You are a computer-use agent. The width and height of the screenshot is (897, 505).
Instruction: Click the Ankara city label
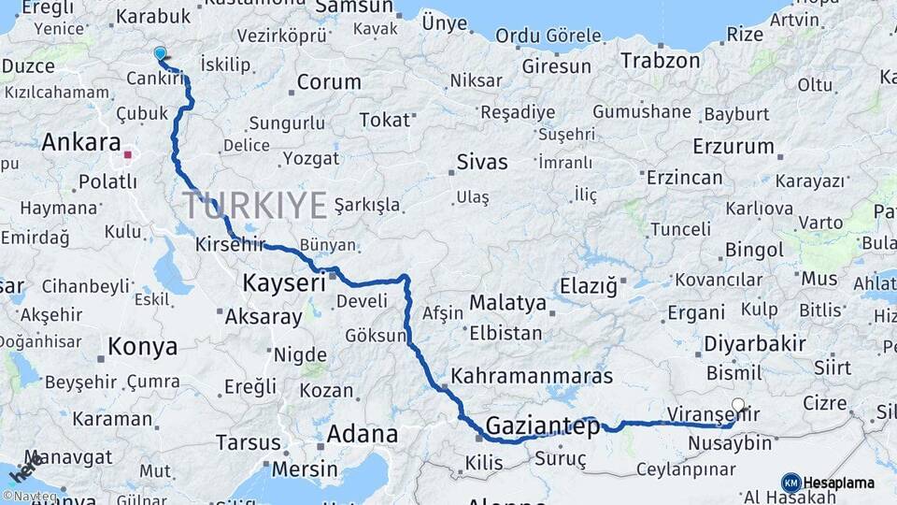81,144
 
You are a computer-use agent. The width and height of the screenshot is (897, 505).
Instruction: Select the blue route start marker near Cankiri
161,55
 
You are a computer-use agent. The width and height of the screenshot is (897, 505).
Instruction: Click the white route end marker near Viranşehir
738,406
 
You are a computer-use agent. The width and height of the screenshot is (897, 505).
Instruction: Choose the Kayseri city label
283,281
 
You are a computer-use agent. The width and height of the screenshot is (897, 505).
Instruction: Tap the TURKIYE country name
255,204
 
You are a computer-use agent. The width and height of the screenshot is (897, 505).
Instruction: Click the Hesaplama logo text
838,483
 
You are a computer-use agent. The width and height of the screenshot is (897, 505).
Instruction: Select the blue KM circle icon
790,483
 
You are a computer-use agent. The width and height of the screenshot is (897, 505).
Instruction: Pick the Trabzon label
660,61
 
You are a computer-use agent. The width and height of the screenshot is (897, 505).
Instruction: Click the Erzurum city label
733,147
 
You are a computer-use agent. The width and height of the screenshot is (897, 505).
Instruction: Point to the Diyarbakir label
754,343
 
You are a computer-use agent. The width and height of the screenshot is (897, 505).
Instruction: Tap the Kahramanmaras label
532,376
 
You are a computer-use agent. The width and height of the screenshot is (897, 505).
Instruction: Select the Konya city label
142,347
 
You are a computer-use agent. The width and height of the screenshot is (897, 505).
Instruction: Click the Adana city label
362,434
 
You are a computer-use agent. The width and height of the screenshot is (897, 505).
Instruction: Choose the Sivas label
482,162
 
